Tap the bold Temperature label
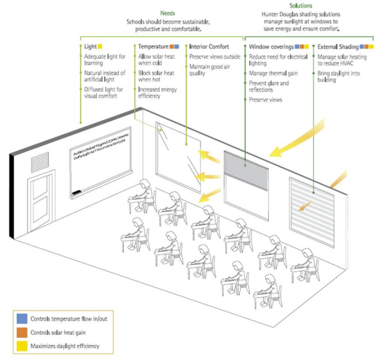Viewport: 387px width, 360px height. (x=154, y=47)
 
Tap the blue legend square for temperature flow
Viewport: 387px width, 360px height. (x=21, y=319)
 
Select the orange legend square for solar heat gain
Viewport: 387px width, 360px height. (x=21, y=333)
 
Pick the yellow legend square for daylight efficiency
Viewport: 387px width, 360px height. (x=21, y=346)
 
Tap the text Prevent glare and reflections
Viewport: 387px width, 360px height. (x=268, y=86)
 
